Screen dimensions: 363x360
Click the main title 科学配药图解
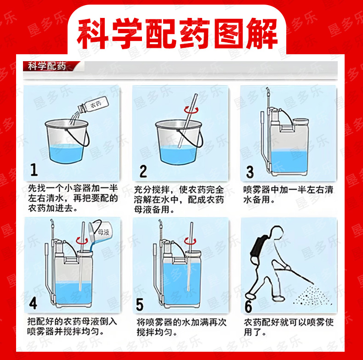coord(177,34)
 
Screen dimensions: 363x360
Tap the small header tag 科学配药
coord(47,66)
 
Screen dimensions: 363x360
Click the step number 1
coord(34,169)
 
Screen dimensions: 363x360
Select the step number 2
coord(143,171)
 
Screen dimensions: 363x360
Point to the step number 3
coord(250,171)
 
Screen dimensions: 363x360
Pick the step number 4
coord(33,303)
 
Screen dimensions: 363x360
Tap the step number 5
coord(140,304)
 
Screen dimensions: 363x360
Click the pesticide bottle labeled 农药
coord(93,105)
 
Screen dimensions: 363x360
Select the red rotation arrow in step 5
coord(190,242)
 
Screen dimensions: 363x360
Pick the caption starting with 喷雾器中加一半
coord(288,194)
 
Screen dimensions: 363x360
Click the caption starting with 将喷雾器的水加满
coord(181,327)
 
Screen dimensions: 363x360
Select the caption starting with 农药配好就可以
coord(289,327)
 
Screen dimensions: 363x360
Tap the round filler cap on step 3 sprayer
coord(301,121)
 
